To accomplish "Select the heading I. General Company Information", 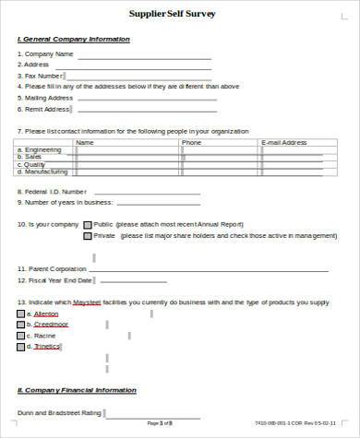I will pos(74,39).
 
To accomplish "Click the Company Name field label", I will pos(47,54).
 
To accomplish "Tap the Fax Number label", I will pos(43,76).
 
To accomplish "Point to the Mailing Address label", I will pos(48,98).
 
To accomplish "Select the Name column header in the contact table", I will pos(84,143).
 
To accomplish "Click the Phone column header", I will pos(191,143).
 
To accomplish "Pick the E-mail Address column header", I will pos(284,143).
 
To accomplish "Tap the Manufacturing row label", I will pos(45,172).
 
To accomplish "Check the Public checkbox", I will pos(88,224).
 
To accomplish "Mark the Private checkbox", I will pos(88,236).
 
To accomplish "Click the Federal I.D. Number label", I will pos(54,192).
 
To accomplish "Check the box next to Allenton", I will pos(20,314).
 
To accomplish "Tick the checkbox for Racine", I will pos(20,336).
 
